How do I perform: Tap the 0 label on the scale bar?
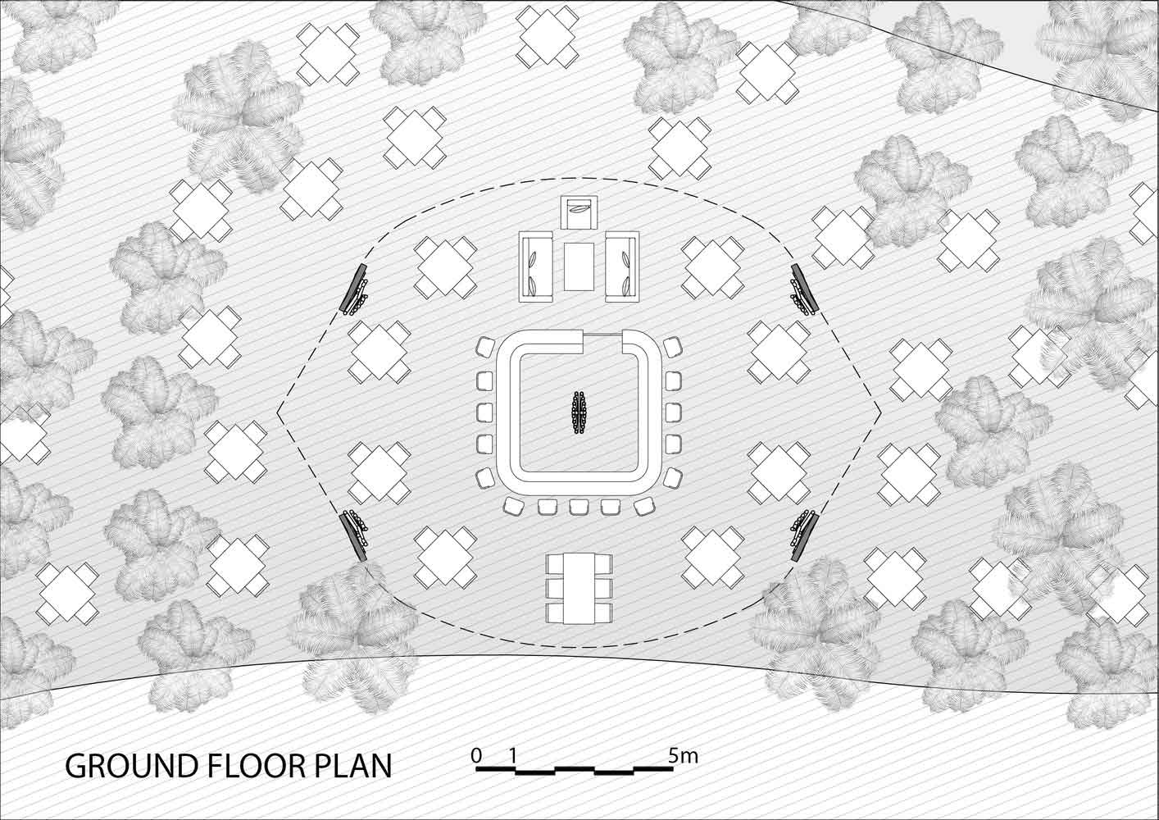tap(476, 756)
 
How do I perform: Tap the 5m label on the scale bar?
tap(683, 756)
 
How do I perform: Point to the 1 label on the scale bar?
tap(512, 756)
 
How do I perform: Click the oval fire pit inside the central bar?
tap(579, 412)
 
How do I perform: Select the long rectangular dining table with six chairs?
tap(579, 589)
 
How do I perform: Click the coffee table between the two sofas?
tap(579, 266)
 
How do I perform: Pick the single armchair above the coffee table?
tap(579, 212)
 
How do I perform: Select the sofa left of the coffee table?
tap(537, 267)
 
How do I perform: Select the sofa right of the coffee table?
tap(622, 267)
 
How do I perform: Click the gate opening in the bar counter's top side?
tap(602, 335)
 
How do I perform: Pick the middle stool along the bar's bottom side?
tap(579, 507)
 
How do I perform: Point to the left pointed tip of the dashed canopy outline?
tap(277, 412)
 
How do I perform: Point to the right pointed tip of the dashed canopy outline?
tap(880, 412)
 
